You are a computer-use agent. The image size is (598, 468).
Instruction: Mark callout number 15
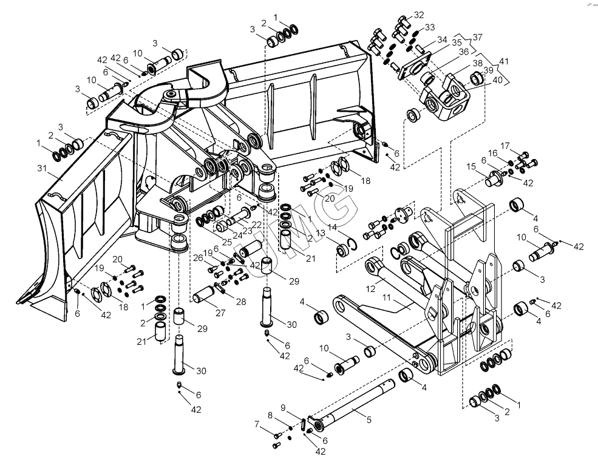(471, 166)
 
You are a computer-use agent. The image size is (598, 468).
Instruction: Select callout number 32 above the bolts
(420, 15)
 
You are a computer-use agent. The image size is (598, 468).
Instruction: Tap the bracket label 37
(478, 38)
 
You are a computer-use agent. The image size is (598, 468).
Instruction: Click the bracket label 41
(503, 61)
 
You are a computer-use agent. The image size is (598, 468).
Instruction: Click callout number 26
(197, 257)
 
